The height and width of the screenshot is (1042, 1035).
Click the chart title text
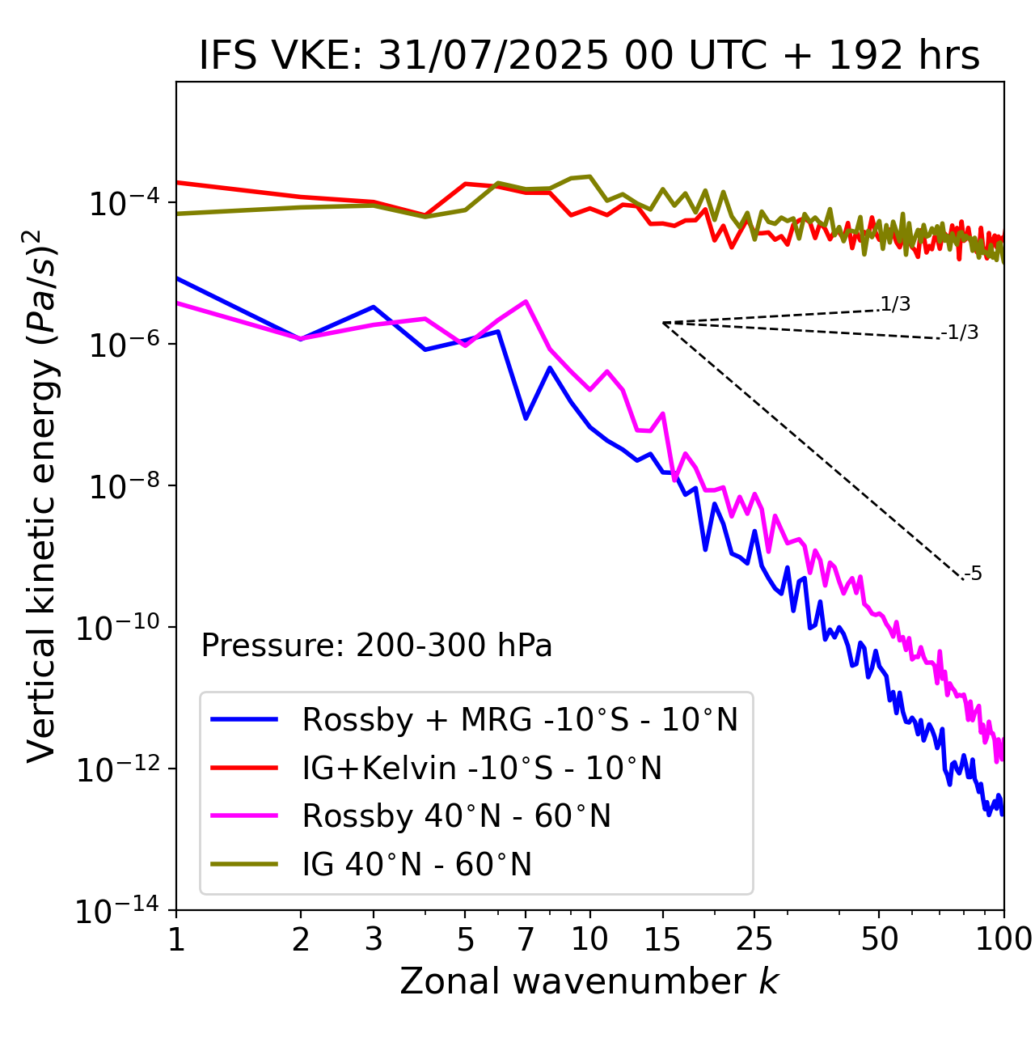(589, 55)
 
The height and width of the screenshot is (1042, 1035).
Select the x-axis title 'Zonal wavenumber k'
(589, 981)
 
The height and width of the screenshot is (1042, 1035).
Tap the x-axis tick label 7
(526, 939)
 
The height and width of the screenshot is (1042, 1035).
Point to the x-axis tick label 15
(662, 939)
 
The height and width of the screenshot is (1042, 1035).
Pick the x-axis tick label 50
(880, 939)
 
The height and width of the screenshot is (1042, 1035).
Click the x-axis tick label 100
(1003, 939)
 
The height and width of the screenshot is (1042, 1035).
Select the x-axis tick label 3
(374, 939)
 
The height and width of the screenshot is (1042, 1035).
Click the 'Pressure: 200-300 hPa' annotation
(376, 646)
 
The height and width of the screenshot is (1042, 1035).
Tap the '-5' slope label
(973, 574)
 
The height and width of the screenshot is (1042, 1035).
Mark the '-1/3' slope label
(960, 332)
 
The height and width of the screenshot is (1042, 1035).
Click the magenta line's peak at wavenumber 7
(526, 301)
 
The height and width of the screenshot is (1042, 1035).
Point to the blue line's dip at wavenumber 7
(526, 418)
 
